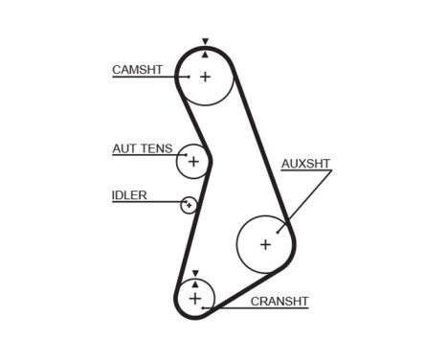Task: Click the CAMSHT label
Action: pos(137,70)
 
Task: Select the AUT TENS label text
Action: pos(143,148)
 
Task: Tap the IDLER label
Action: pos(129,195)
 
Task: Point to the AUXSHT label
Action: pos(305,164)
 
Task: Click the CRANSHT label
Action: pos(279,302)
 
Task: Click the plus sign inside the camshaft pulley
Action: pos(205,76)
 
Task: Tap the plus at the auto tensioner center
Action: pos(193,162)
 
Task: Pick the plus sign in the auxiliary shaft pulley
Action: pos(265,244)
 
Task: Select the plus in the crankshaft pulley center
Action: pos(195,300)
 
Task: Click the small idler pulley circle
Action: pos(190,205)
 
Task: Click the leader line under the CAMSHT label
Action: pos(144,78)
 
